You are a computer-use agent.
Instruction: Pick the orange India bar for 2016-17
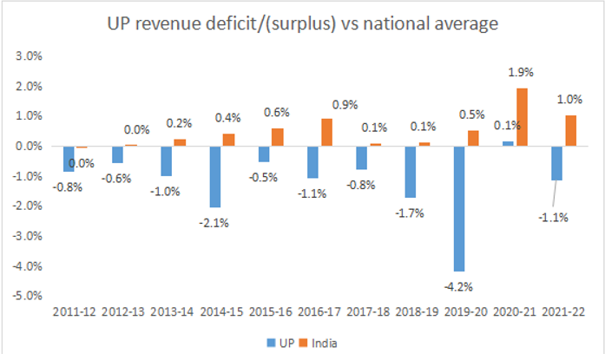[326, 132]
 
